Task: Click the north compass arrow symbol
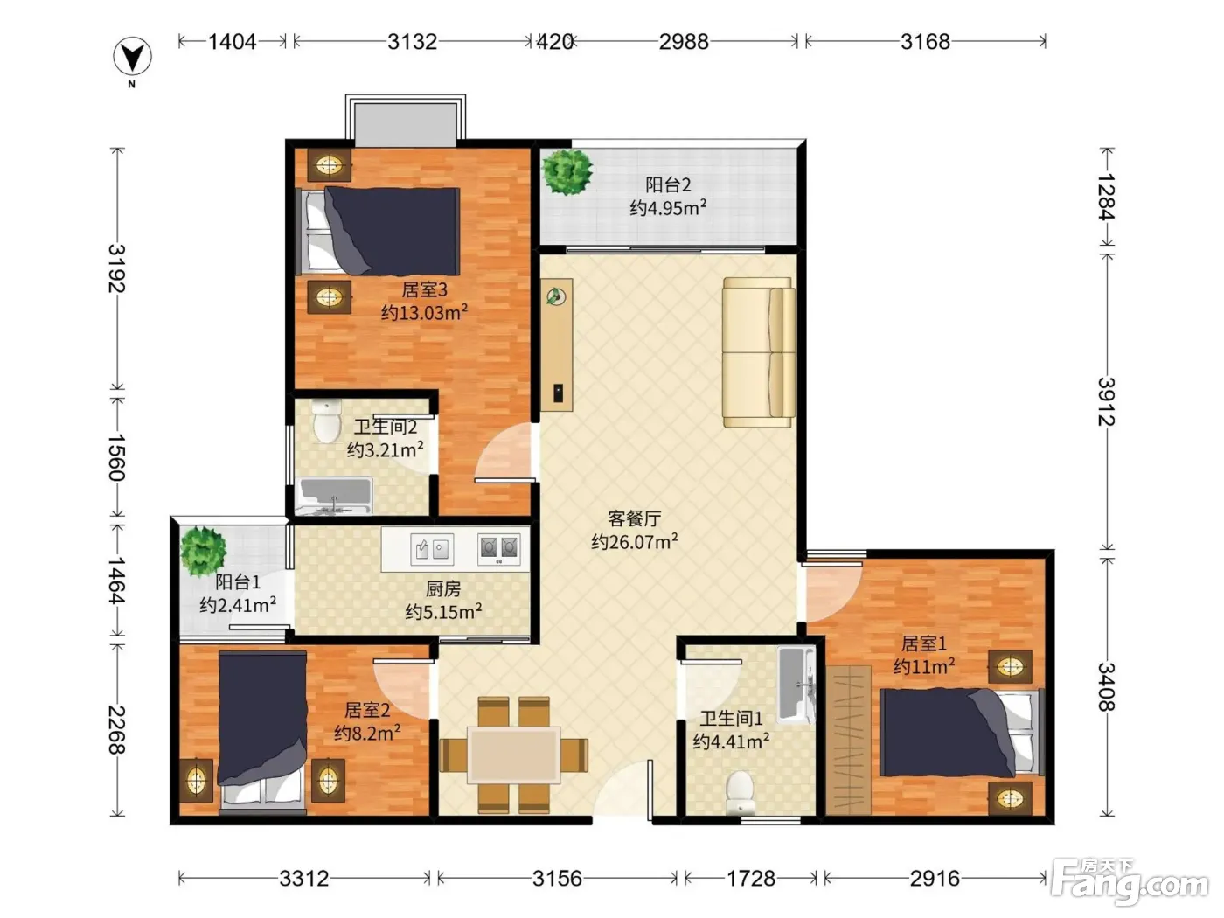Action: [132, 56]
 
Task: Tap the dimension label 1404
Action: [232, 42]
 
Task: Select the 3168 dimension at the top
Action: [925, 42]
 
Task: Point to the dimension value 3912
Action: [1106, 401]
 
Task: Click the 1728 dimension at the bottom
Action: [750, 879]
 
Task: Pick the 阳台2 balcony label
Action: [668, 184]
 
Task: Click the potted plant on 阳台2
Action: [567, 171]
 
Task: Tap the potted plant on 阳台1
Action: [203, 552]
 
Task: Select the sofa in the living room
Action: [759, 352]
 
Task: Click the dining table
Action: [513, 755]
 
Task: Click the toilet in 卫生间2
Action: [327, 421]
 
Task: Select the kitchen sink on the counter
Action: [432, 549]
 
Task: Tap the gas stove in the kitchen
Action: [499, 549]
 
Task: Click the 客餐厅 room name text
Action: [634, 518]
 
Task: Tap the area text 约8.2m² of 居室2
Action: [367, 733]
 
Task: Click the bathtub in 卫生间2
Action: [335, 496]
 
